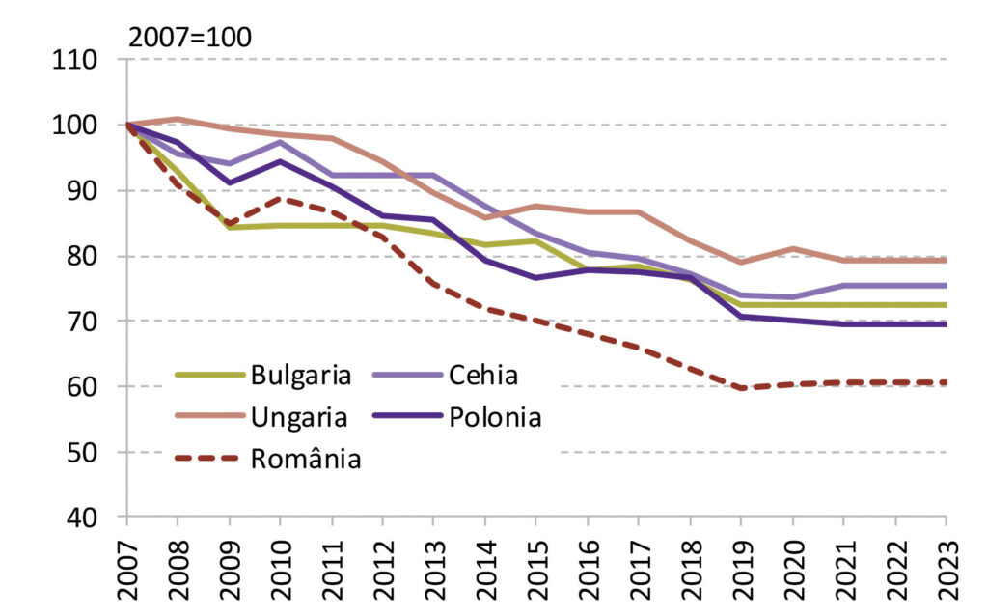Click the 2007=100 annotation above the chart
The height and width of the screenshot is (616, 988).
click(189, 38)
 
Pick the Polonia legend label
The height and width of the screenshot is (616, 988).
click(493, 417)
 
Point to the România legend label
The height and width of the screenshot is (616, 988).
click(306, 460)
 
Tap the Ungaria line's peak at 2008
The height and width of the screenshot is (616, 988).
click(178, 119)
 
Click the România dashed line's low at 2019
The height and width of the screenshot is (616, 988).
click(741, 388)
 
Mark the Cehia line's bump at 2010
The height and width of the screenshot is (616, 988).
click(280, 142)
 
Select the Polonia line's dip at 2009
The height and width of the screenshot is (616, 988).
click(229, 182)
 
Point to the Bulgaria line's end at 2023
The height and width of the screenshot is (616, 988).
click(945, 305)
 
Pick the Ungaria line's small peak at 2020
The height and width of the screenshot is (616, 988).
click(792, 249)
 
